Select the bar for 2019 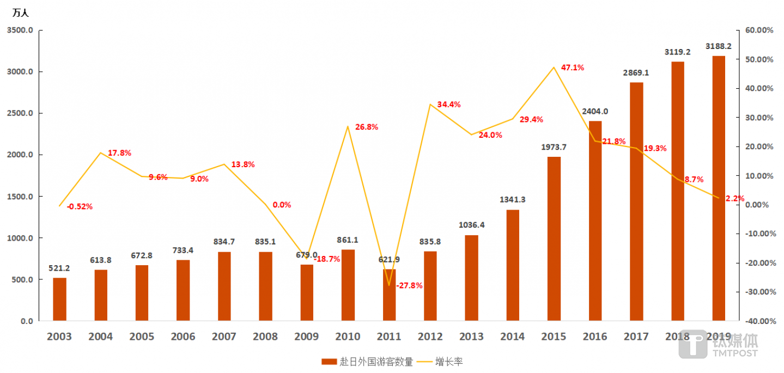coord(719,188)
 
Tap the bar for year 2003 coord(59,299)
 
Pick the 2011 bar coord(389,295)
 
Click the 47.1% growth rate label coord(572,68)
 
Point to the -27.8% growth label coord(409,285)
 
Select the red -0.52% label coord(80,206)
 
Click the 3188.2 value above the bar coord(718,46)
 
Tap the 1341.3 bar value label coord(512,200)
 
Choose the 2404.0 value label coord(595,111)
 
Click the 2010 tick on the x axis coord(348,337)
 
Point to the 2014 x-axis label coord(513,337)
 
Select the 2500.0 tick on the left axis coord(20,113)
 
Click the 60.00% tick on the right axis coord(759,30)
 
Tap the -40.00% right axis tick coord(758,321)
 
